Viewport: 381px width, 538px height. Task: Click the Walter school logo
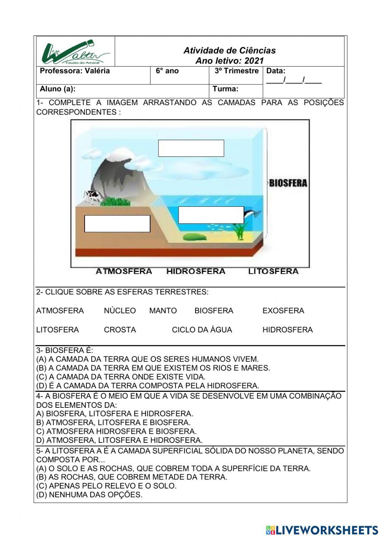[75, 52]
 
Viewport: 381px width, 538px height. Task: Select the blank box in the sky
[191, 148]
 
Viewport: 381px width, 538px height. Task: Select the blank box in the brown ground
[117, 224]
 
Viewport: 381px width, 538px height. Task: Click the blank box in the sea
[211, 215]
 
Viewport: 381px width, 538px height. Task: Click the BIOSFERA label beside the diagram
[288, 183]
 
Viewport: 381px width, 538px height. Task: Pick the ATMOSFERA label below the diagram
[124, 271]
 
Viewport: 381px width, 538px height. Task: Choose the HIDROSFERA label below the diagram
[196, 271]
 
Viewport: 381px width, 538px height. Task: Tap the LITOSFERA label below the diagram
[273, 271]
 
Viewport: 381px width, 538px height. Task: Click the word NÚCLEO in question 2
[120, 311]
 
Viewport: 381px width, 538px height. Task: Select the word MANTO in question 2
[163, 311]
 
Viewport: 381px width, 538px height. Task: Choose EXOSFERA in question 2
[283, 311]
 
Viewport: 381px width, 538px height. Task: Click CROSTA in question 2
[120, 330]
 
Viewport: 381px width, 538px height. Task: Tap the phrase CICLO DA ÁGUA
[202, 330]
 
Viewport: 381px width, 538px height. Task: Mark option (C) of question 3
[121, 377]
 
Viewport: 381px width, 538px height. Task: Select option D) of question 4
[119, 440]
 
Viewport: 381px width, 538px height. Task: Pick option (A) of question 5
[173, 468]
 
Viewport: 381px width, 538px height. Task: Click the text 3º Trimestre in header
[236, 71]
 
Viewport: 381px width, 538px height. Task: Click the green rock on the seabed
[195, 237]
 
